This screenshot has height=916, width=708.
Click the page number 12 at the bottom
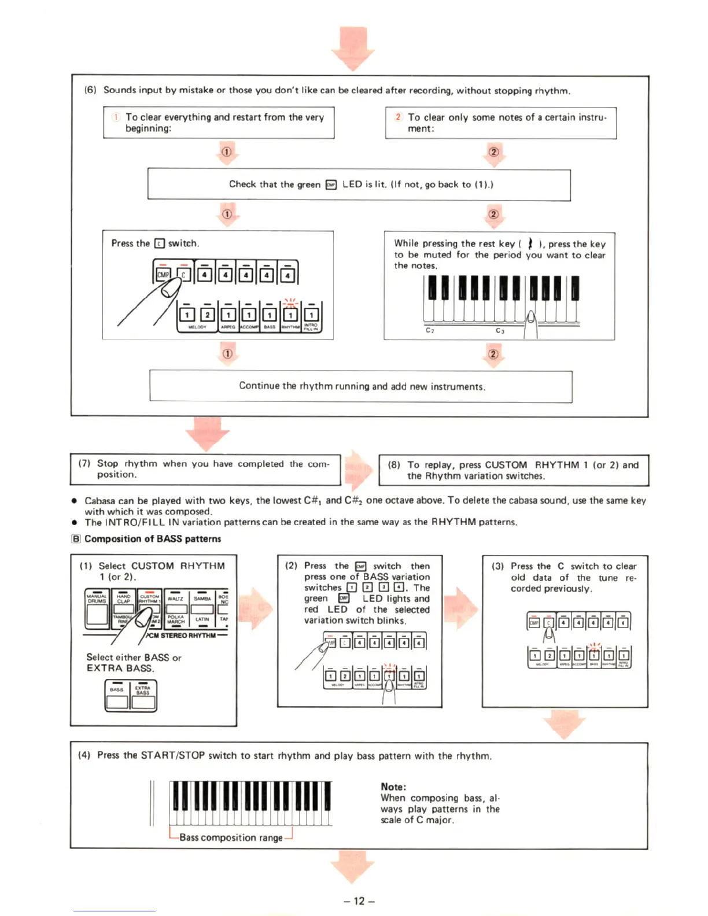(x=359, y=900)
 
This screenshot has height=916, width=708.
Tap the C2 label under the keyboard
(x=430, y=330)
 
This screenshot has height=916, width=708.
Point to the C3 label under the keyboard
(x=500, y=330)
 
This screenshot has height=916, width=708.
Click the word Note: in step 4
(x=393, y=786)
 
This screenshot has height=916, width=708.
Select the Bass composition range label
(x=231, y=837)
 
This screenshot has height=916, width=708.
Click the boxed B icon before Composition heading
(x=76, y=539)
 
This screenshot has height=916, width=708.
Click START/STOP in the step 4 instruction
(x=172, y=755)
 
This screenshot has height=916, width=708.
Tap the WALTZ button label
(x=175, y=599)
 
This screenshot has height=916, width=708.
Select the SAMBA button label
(x=202, y=599)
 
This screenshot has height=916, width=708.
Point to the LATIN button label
(x=202, y=619)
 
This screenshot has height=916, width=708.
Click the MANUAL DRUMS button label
(x=97, y=599)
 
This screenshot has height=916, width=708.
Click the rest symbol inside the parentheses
(x=530, y=243)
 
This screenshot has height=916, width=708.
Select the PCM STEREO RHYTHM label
(x=182, y=635)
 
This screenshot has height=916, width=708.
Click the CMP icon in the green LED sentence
(x=331, y=185)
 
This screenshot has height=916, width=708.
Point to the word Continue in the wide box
(x=259, y=386)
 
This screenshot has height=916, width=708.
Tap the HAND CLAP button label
(x=123, y=599)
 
